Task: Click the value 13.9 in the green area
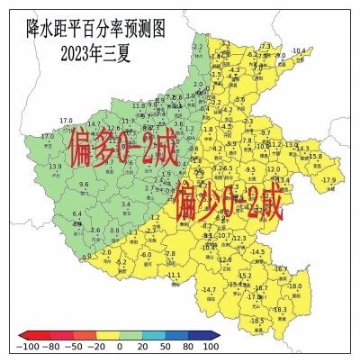pos(55,167)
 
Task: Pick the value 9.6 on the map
pos(84,185)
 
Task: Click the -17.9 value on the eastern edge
pos(328,180)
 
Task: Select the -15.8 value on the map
pos(314,156)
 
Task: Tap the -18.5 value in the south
pos(256,321)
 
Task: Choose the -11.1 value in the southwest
pos(173,275)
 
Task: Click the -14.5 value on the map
pos(258,251)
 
